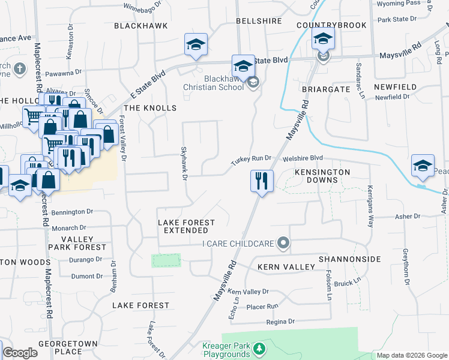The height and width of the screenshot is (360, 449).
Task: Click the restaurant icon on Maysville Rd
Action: (x=261, y=181)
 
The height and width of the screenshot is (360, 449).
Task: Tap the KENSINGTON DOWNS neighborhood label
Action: (x=322, y=176)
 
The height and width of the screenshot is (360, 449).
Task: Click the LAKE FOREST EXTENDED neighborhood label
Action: (x=186, y=226)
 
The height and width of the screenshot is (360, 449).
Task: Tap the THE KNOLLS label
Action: (x=150, y=108)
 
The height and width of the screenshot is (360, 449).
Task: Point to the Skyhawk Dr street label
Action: (x=185, y=162)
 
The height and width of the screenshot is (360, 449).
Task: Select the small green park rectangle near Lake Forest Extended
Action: (x=166, y=260)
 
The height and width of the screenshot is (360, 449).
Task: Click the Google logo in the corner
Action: (x=20, y=353)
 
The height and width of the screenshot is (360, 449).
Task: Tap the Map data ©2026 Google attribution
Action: (x=412, y=355)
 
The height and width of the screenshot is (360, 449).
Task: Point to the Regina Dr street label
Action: (x=283, y=322)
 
